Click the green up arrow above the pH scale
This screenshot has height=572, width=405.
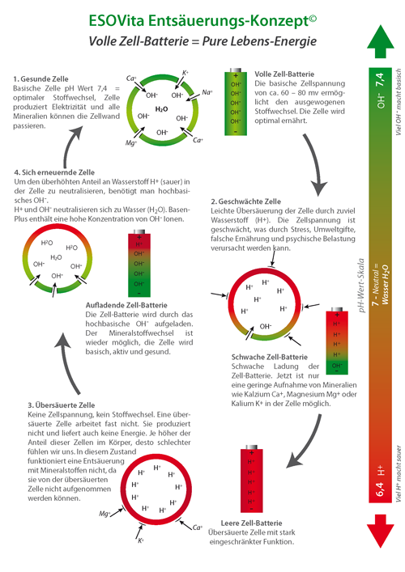click(380, 42)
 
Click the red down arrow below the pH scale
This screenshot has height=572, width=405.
click(380, 531)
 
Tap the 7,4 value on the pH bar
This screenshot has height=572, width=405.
click(380, 80)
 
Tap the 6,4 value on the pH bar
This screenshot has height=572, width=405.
click(380, 489)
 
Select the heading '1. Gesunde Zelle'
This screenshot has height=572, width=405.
click(40, 78)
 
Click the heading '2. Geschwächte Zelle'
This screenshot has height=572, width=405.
click(245, 201)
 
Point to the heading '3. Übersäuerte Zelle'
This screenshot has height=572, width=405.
click(62, 405)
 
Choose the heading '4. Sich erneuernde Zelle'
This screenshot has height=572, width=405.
click(54, 172)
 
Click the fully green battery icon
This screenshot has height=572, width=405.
click(236, 101)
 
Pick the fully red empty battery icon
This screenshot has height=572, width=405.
click(251, 478)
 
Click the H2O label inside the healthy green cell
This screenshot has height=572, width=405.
click(161, 109)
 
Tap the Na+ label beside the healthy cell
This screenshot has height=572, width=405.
click(207, 92)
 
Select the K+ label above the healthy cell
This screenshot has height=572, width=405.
click(185, 73)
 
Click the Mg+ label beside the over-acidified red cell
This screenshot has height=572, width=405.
click(104, 514)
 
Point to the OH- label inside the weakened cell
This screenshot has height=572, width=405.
click(266, 326)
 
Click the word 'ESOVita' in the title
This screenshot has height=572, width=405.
click(117, 21)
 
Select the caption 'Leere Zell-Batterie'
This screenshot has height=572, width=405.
click(251, 523)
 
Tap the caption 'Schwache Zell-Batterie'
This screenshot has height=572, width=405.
click(270, 357)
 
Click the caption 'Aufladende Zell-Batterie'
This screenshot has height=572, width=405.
click(126, 305)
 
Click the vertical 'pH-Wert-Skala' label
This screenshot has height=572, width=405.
click(361, 286)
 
